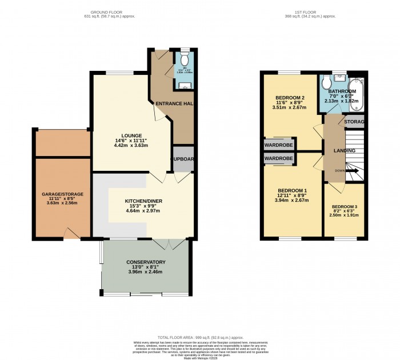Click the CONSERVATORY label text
pyautogui.click(x=146, y=262)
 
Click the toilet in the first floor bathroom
pyautogui.click(x=327, y=83)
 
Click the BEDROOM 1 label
pyautogui.click(x=292, y=190)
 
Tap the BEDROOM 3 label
pyautogui.click(x=343, y=206)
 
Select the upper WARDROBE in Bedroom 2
pyautogui.click(x=278, y=145)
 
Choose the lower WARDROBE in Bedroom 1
pyautogui.click(x=278, y=158)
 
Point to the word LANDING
pyautogui.click(x=345, y=151)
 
